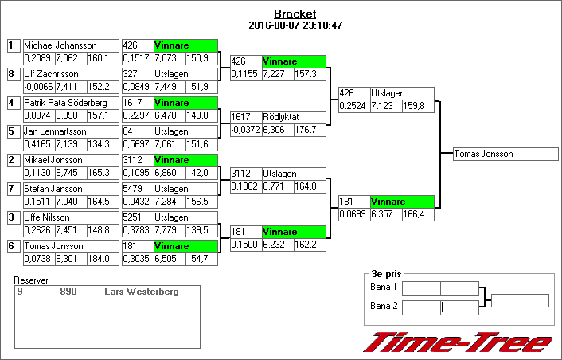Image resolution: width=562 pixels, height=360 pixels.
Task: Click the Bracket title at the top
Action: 295,14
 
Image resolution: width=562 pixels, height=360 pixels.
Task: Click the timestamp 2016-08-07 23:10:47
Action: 295,25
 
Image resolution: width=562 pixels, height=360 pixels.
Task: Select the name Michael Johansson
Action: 60,45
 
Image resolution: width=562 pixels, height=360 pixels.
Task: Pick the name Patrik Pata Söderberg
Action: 65,103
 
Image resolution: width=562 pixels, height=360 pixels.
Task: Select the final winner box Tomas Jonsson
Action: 505,154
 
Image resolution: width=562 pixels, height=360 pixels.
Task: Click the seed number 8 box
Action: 12,74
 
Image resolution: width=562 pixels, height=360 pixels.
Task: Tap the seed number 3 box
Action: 12,217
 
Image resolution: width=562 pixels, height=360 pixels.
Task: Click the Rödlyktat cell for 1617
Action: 293,117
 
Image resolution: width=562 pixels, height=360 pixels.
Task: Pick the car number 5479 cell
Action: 136,189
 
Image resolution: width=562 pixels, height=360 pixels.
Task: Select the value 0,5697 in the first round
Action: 136,143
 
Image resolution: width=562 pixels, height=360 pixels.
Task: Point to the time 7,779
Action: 168,229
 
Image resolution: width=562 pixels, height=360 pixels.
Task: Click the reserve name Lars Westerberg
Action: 142,292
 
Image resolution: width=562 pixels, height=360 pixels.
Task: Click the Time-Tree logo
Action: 458,342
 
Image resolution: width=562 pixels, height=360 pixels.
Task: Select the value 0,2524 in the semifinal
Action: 353,105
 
